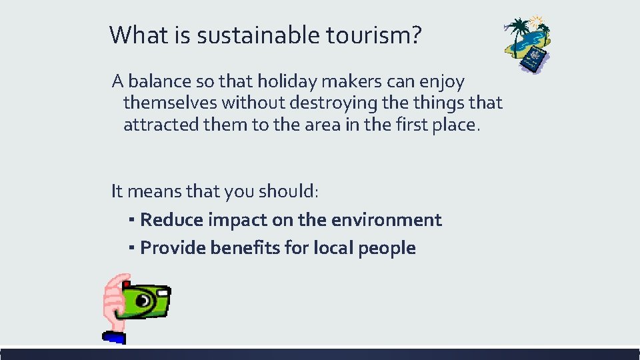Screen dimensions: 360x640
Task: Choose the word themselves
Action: tap(170, 103)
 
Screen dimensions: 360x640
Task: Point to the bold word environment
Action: tap(383, 220)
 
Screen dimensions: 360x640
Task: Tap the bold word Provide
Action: tap(173, 248)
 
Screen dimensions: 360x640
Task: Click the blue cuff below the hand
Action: tap(115, 337)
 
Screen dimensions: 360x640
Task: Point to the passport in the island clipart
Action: tap(534, 60)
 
